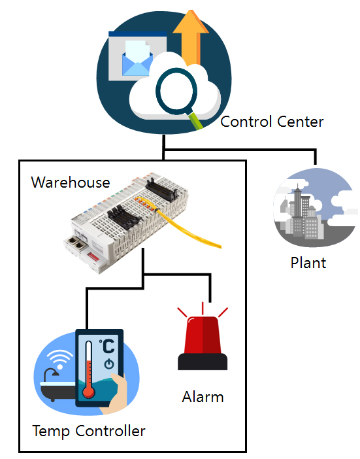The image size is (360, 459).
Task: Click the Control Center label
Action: [272, 122]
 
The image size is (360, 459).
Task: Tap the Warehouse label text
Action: [71, 182]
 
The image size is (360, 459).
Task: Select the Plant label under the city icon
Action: [308, 263]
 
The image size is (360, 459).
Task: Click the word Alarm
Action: [203, 397]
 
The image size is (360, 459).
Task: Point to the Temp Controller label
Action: [89, 431]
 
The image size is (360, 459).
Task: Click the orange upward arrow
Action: [191, 37]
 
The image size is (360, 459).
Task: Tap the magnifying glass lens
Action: [176, 92]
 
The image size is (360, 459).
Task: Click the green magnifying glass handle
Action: [195, 120]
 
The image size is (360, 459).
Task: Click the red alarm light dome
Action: [203, 335]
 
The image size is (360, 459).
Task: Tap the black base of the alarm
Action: [203, 362]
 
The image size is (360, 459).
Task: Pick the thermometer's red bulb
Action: [88, 392]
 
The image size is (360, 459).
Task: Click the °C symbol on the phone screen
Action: [106, 347]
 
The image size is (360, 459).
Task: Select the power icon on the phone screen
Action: [109, 364]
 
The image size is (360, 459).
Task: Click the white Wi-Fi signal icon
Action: [60, 359]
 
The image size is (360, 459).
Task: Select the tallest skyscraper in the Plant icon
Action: [298, 210]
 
